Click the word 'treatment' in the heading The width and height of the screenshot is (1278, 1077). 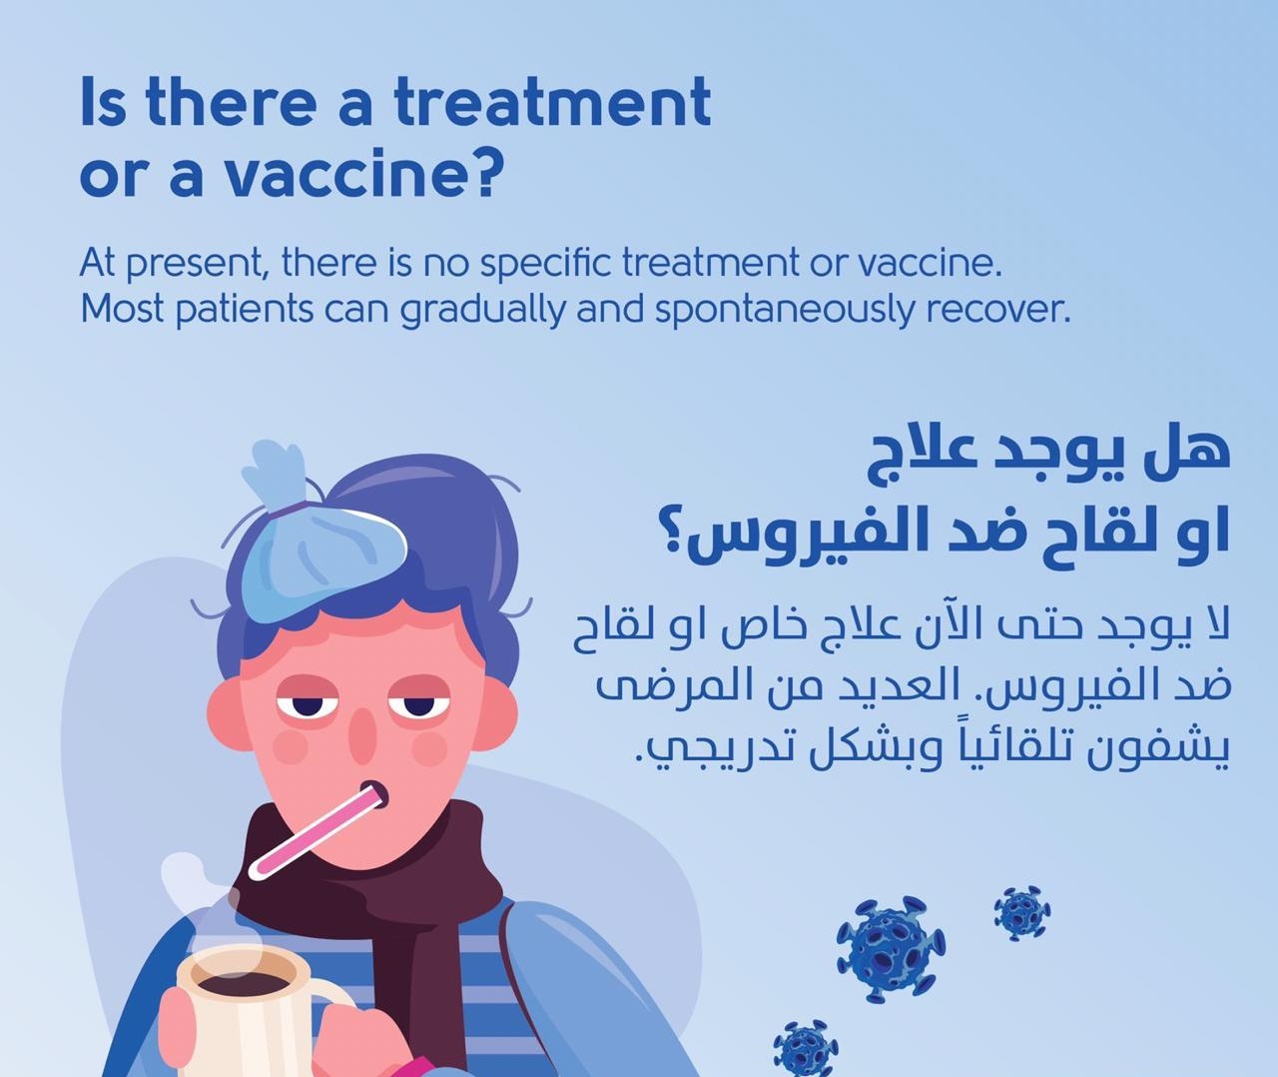[553, 101]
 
